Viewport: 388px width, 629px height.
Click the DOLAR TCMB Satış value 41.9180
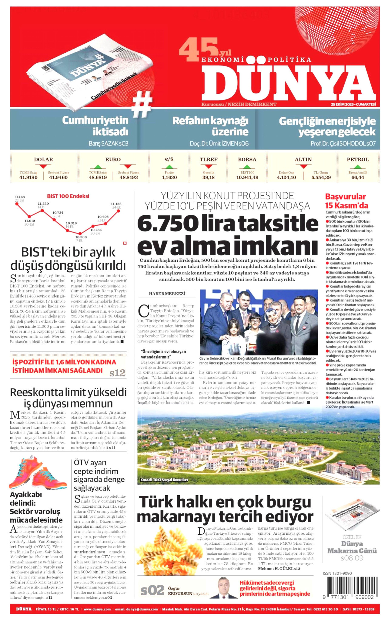(28, 177)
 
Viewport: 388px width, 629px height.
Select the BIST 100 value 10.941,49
(247, 177)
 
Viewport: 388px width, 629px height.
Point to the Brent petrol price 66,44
(358, 177)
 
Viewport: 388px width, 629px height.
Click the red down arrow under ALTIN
(303, 166)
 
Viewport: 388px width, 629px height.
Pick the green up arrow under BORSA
(247, 166)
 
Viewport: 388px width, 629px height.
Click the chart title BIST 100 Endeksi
(68, 196)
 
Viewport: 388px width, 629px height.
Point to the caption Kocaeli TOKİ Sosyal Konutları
(164, 480)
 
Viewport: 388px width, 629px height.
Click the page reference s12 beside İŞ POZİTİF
(117, 373)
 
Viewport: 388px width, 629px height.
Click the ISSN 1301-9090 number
(337, 573)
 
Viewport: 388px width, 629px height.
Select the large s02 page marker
(152, 590)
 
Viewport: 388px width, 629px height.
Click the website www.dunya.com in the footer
(97, 609)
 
